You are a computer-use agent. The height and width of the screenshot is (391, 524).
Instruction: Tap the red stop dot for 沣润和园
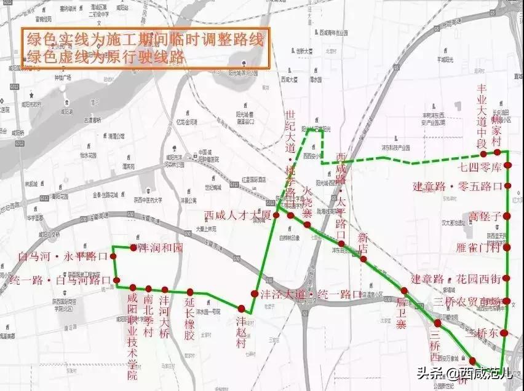tap(133, 248)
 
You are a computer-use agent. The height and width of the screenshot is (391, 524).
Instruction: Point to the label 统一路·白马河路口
tap(60, 281)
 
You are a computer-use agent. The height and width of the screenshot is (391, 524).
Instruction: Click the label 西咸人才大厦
tap(237, 215)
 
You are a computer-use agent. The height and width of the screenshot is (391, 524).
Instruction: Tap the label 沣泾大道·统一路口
tap(311, 294)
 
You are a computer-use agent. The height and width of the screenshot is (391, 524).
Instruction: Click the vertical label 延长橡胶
tap(189, 319)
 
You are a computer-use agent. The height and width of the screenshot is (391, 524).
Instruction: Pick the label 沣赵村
tap(242, 332)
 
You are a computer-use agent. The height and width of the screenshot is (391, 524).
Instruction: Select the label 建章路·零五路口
tap(458, 186)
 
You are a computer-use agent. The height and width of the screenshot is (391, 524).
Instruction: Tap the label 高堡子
tap(485, 216)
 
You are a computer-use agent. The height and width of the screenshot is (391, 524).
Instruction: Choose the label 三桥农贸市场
tap(467, 301)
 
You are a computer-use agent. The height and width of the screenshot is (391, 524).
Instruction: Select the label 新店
tap(363, 242)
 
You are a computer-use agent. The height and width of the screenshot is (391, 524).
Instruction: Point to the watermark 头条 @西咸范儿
tap(464, 372)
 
